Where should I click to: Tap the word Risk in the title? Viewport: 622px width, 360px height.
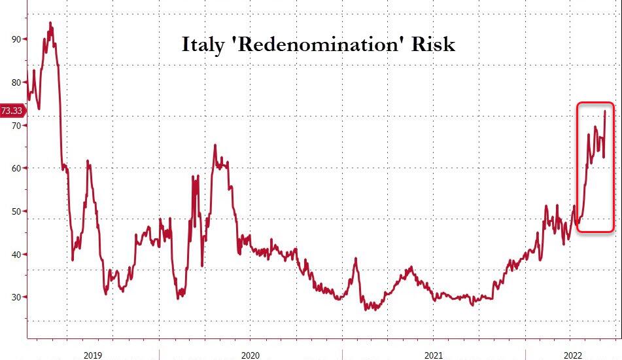click(x=431, y=45)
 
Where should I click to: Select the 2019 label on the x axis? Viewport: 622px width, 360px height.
click(x=93, y=354)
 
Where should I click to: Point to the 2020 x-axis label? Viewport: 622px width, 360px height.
click(x=250, y=354)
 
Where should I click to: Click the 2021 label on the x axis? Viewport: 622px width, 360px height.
click(x=433, y=354)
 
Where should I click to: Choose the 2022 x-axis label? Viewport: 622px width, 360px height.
click(x=574, y=354)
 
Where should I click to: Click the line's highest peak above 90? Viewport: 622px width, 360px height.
click(x=50, y=23)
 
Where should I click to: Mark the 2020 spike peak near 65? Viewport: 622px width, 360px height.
click(x=215, y=145)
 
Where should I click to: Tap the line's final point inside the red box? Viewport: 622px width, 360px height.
click(x=605, y=111)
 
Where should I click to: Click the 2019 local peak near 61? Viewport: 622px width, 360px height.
click(x=88, y=162)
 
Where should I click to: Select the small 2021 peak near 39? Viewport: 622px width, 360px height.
click(x=355, y=259)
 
